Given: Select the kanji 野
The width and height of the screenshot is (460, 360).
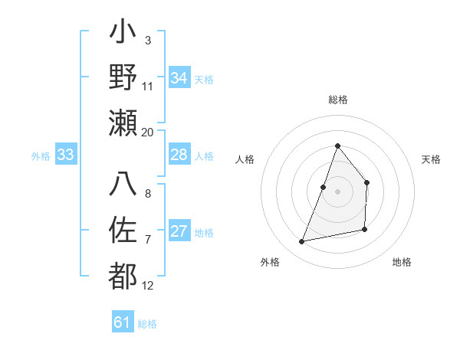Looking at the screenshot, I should [x=123, y=79].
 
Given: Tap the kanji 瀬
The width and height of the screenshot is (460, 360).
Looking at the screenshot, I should [x=123, y=123].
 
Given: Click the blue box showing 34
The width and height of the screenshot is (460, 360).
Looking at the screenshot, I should [x=179, y=78].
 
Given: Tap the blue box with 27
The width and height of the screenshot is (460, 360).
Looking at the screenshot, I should [x=179, y=232].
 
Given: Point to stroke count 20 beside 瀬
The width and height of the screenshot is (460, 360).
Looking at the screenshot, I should [x=148, y=133].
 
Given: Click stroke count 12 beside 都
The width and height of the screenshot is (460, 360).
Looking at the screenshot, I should [x=148, y=286].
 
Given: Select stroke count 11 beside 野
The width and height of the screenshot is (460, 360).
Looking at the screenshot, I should [x=148, y=87].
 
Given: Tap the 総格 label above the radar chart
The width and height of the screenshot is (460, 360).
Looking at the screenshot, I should [x=337, y=100].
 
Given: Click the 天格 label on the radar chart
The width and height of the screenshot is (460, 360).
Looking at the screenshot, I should [x=431, y=159].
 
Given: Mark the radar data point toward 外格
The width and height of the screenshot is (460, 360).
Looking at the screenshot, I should [x=302, y=242].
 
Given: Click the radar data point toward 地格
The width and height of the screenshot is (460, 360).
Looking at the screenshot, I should [x=365, y=230].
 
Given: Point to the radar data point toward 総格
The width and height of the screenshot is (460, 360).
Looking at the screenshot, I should [x=337, y=146].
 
